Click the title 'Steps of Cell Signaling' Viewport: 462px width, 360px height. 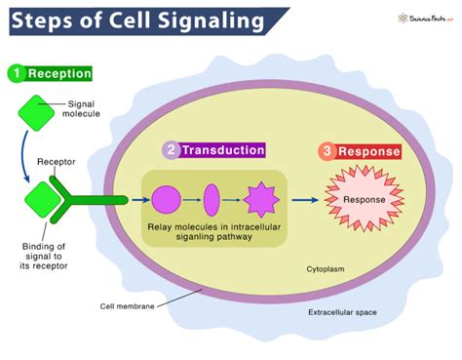coord(136,20)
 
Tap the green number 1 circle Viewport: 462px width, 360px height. coord(15,73)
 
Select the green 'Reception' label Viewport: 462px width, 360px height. coord(58,73)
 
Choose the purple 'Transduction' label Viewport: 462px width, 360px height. coord(227,150)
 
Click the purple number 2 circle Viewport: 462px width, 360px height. coord(172,151)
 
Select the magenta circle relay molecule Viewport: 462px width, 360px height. coord(167,199)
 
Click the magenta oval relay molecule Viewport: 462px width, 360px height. coord(211,199)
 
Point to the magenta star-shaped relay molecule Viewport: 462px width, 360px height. coord(260,199)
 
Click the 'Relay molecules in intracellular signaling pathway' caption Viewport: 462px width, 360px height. coord(213,232)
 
